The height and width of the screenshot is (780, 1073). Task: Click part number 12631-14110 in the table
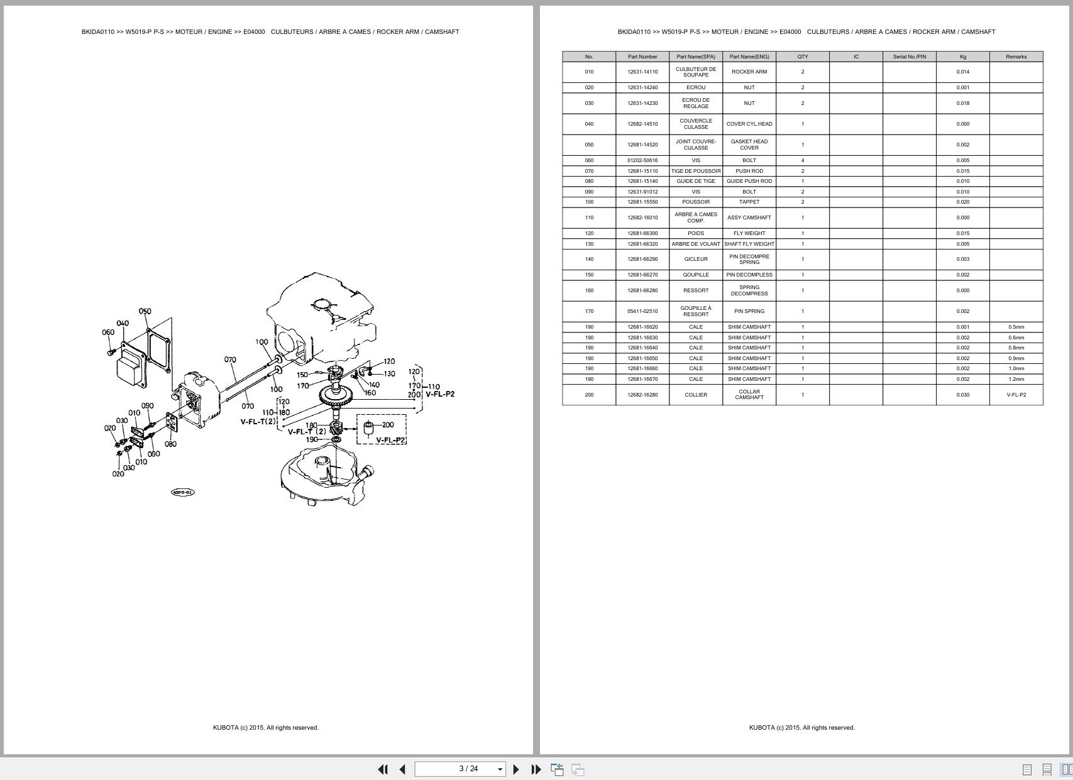pyautogui.click(x=642, y=72)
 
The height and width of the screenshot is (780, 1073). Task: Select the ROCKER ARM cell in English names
pyautogui.click(x=749, y=72)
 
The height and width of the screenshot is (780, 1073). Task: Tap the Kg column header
pyautogui.click(x=962, y=57)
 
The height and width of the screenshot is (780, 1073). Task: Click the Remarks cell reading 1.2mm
pyautogui.click(x=1016, y=379)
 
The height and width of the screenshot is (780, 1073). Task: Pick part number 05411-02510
pyautogui.click(x=642, y=311)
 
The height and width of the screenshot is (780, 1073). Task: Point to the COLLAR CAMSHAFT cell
pyautogui.click(x=749, y=395)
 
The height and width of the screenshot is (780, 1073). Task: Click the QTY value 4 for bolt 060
pyautogui.click(x=803, y=160)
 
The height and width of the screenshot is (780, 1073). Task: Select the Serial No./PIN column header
pyautogui.click(x=909, y=57)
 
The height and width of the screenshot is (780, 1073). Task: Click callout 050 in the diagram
pyautogui.click(x=145, y=311)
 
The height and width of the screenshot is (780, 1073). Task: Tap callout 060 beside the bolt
pyautogui.click(x=108, y=332)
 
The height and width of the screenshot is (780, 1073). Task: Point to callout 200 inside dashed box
pyautogui.click(x=388, y=425)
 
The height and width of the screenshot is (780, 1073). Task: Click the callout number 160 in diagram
pyautogui.click(x=370, y=393)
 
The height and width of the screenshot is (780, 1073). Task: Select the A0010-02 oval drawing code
pyautogui.click(x=183, y=492)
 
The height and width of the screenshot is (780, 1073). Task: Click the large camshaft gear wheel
pyautogui.click(x=335, y=395)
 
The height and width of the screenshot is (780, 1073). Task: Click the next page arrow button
pyautogui.click(x=516, y=769)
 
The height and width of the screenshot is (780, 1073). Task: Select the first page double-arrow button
pyautogui.click(x=382, y=769)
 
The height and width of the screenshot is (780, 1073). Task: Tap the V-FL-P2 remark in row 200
pyautogui.click(x=1016, y=395)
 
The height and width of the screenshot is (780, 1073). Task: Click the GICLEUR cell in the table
pyautogui.click(x=695, y=259)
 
